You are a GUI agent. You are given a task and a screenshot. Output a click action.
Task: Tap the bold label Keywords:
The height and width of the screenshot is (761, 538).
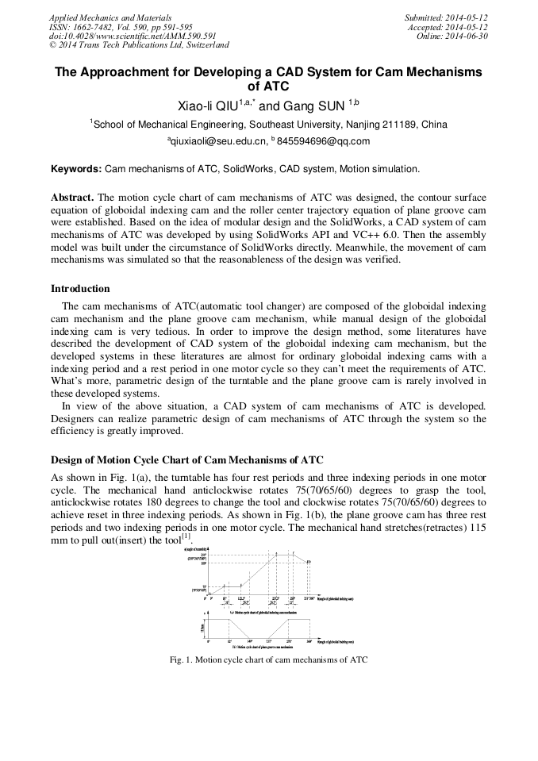coord(76,169)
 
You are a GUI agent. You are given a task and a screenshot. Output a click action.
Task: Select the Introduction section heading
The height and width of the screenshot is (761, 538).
coord(80,288)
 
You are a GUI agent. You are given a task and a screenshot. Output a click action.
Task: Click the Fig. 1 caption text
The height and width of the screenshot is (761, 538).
coord(269,659)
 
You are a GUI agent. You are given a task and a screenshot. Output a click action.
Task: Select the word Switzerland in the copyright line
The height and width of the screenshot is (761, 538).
coord(202,45)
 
